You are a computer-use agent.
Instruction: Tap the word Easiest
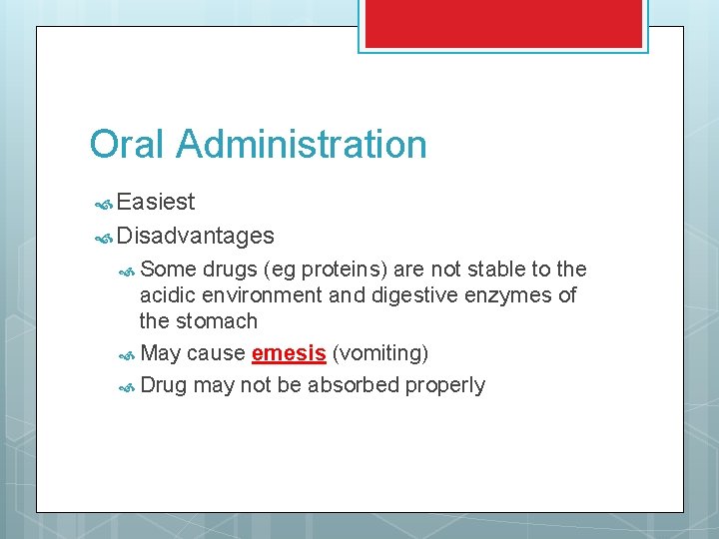tap(156, 203)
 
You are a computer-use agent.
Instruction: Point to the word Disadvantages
tap(195, 236)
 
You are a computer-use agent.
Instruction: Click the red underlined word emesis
tap(290, 353)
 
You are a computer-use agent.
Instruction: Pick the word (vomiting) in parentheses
tap(380, 353)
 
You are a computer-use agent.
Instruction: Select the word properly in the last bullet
tap(445, 385)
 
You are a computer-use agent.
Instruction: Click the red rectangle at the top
tap(503, 22)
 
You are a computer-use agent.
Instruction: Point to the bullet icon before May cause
tap(127, 354)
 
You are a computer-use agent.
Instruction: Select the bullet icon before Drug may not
tap(127, 386)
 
